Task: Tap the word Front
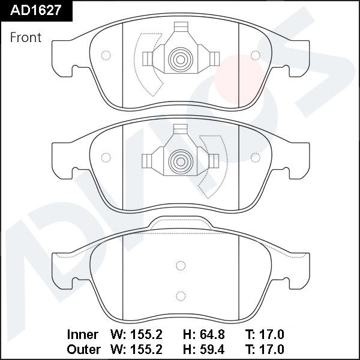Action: (26, 37)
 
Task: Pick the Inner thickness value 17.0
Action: (272, 334)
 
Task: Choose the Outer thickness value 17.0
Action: (272, 349)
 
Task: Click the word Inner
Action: (82, 334)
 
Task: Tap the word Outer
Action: (82, 349)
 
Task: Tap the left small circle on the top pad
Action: (106, 56)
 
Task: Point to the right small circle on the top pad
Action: (256, 56)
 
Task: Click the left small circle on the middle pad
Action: (106, 158)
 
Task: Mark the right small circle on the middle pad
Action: (256, 158)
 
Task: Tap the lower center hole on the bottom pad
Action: (180, 295)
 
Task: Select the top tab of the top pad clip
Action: (180, 28)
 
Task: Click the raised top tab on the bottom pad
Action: (180, 223)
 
